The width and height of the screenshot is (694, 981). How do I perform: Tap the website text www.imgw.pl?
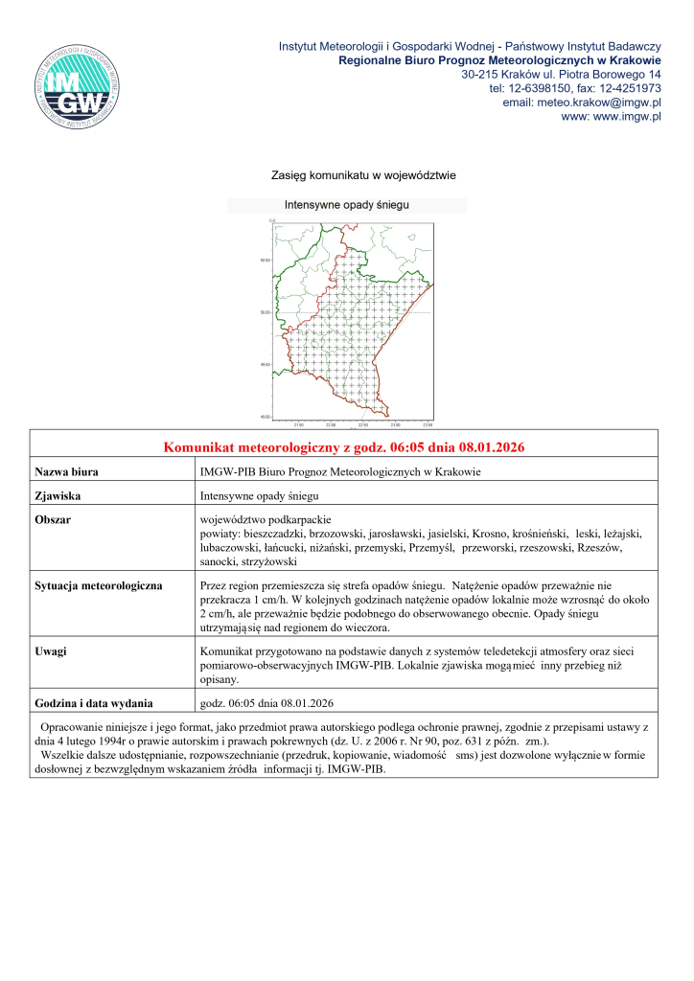tap(625, 117)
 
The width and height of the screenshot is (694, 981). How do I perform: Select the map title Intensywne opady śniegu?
tap(347, 205)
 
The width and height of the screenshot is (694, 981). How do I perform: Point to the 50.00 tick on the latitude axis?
tap(266, 312)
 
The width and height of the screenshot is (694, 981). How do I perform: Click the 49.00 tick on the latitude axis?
tap(266, 416)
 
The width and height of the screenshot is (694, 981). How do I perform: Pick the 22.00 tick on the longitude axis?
tap(330, 423)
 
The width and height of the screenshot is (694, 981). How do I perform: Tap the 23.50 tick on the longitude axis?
tap(428, 423)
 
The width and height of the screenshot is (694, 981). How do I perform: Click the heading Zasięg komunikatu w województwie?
tap(347, 175)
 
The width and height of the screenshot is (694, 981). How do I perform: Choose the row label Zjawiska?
tap(57, 497)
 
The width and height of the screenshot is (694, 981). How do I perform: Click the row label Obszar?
tap(53, 519)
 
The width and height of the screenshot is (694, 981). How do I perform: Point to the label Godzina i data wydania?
tap(94, 703)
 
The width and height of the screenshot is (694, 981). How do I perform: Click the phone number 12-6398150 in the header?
tap(538, 88)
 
